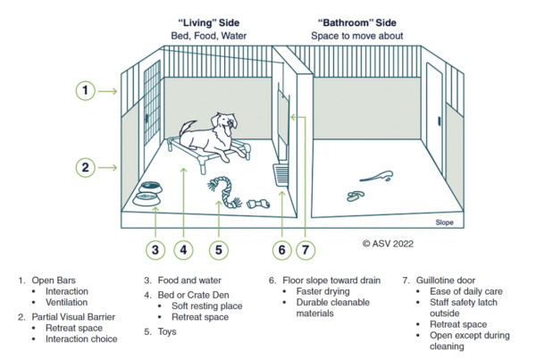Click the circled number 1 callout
84,90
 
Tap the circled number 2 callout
84,166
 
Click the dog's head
225,121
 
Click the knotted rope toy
219,190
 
